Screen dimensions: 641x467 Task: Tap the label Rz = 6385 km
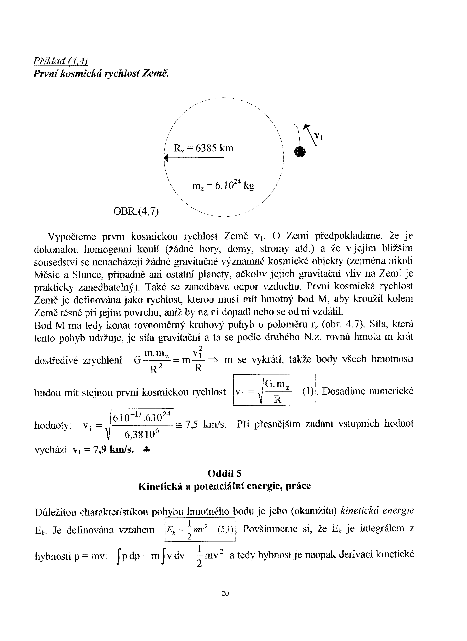click(x=203, y=148)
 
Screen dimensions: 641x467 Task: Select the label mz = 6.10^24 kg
click(x=223, y=186)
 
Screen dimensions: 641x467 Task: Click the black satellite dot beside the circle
click(x=300, y=152)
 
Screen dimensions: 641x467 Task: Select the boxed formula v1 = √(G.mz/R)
click(x=274, y=390)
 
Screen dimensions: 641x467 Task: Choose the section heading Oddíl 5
click(x=225, y=473)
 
